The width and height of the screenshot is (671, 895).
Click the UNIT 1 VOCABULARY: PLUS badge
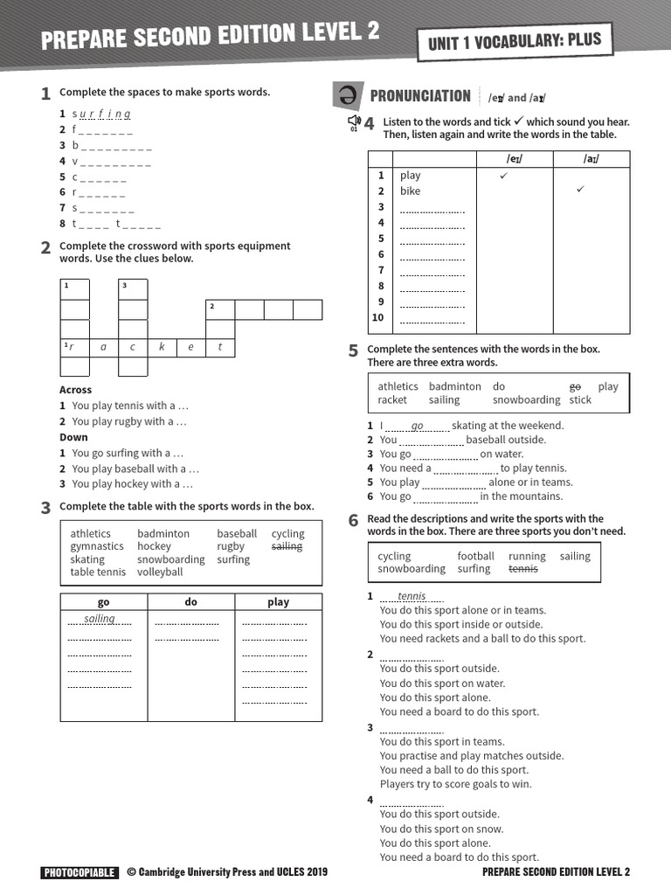pyautogui.click(x=515, y=42)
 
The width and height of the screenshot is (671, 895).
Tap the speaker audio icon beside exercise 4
pyautogui.click(x=353, y=121)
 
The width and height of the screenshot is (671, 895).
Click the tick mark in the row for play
pyautogui.click(x=503, y=176)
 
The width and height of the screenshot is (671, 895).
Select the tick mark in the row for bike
pyautogui.click(x=581, y=191)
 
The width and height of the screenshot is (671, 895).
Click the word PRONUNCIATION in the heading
pyautogui.click(x=420, y=96)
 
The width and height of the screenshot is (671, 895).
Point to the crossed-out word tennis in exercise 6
pyautogui.click(x=522, y=569)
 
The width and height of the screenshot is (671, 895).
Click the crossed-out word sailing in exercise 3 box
pyautogui.click(x=287, y=546)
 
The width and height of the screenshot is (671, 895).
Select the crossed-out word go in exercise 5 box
pyautogui.click(x=575, y=386)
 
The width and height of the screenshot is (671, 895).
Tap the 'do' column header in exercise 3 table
pyautogui.click(x=191, y=602)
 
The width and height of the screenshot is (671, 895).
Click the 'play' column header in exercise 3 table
pyautogui.click(x=278, y=602)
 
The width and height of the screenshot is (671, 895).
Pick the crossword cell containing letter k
pyautogui.click(x=162, y=347)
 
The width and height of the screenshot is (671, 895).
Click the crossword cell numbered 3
pyautogui.click(x=133, y=289)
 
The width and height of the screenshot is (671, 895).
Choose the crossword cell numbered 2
pyautogui.click(x=220, y=309)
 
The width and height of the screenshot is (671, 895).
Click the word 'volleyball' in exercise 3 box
pyautogui.click(x=160, y=572)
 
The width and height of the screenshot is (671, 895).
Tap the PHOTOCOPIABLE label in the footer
pyautogui.click(x=79, y=872)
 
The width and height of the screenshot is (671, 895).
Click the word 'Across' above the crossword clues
pyautogui.click(x=75, y=390)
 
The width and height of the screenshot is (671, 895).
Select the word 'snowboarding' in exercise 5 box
pyautogui.click(x=526, y=400)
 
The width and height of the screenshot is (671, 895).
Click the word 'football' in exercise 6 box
pyautogui.click(x=475, y=556)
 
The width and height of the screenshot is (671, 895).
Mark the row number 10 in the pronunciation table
pyautogui.click(x=378, y=317)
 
